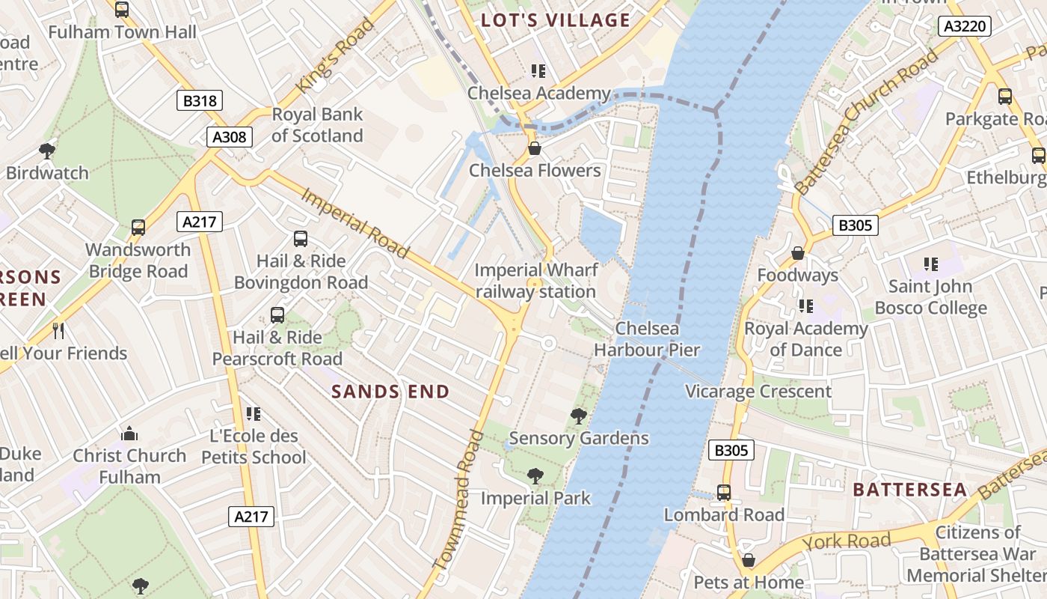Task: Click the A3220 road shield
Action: pyautogui.click(x=965, y=27)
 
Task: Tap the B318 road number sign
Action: pyautogui.click(x=200, y=100)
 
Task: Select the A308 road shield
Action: pyautogui.click(x=230, y=136)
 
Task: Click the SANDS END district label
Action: pyautogui.click(x=390, y=392)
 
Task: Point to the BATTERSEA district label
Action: pyautogui.click(x=910, y=490)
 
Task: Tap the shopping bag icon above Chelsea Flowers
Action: pyautogui.click(x=535, y=148)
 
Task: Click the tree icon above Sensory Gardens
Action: pyautogui.click(x=578, y=416)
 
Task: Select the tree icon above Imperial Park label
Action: pyautogui.click(x=535, y=476)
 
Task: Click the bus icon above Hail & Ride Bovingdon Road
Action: pyautogui.click(x=301, y=239)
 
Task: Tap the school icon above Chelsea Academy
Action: pyautogui.click(x=538, y=71)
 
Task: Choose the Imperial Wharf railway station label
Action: pyautogui.click(x=536, y=281)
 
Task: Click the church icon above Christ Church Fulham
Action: pyautogui.click(x=129, y=434)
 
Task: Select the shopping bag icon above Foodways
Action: pyautogui.click(x=798, y=253)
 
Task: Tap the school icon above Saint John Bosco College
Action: pyautogui.click(x=931, y=264)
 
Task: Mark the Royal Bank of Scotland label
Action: pyautogui.click(x=317, y=125)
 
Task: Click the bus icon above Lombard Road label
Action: pyautogui.click(x=723, y=493)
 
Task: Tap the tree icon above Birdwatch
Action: pyautogui.click(x=47, y=151)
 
